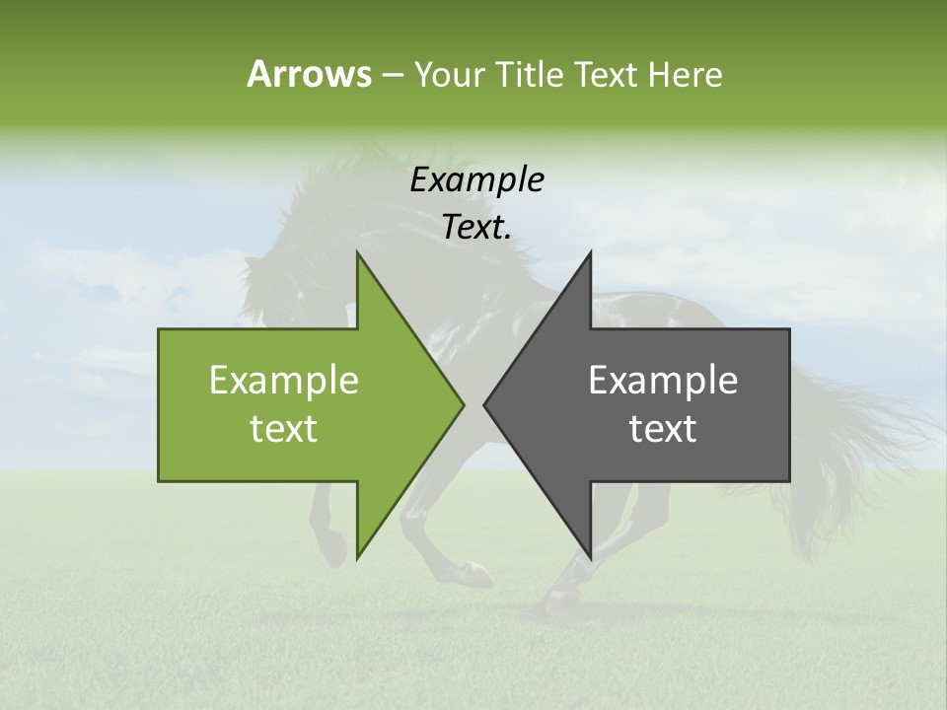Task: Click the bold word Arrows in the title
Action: pos(308,74)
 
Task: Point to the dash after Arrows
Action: pos(392,76)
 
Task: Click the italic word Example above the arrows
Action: pos(476,180)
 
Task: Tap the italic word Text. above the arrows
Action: pos(476,228)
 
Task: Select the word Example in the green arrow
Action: pos(284,381)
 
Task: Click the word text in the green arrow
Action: pos(284,429)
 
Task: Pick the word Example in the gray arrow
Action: pos(663,381)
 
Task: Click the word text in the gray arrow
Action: pos(663,429)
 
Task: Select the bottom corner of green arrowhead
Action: pos(358,557)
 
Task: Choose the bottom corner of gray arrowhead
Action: pos(590,557)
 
